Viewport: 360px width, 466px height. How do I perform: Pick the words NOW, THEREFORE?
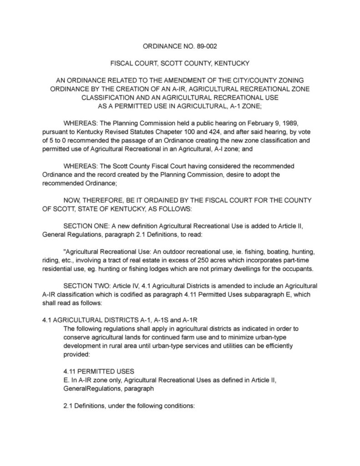click(89, 200)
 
